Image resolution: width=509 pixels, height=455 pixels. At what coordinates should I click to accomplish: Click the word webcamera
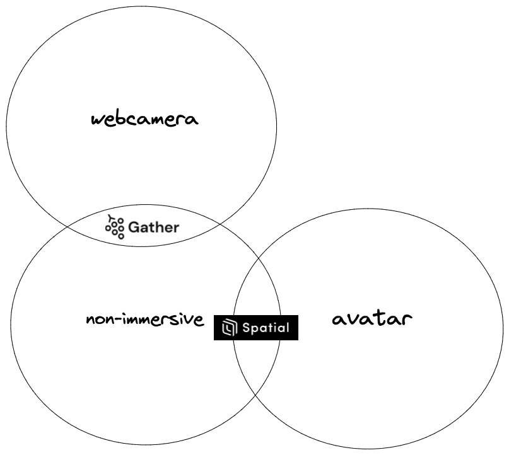tap(145, 119)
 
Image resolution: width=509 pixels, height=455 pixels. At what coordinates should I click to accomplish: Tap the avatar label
tap(372, 318)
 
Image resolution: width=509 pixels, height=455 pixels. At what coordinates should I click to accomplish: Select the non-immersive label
tap(145, 320)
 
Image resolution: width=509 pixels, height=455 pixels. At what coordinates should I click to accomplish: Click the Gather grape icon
tap(115, 227)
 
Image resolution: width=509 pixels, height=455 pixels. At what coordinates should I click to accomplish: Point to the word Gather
tap(153, 227)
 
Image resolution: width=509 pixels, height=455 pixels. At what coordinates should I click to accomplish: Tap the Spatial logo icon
tap(230, 327)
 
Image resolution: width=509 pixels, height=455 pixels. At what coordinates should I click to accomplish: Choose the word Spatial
tap(266, 328)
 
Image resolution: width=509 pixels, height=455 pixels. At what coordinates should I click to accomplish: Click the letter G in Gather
tap(134, 227)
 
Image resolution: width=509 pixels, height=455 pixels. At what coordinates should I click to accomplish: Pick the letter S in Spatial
tap(247, 328)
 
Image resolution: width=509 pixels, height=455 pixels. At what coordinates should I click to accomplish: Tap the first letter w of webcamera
tap(97, 120)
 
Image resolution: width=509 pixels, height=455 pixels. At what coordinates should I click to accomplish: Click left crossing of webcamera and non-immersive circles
tap(67, 227)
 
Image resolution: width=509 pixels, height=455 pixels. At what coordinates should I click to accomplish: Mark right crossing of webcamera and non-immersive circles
tap(219, 224)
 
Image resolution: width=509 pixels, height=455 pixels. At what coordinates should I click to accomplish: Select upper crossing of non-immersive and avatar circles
tap(259, 258)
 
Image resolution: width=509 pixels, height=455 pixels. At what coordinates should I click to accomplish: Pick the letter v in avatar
tap(354, 320)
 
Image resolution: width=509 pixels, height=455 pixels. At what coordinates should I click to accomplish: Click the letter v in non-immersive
tap(190, 321)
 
